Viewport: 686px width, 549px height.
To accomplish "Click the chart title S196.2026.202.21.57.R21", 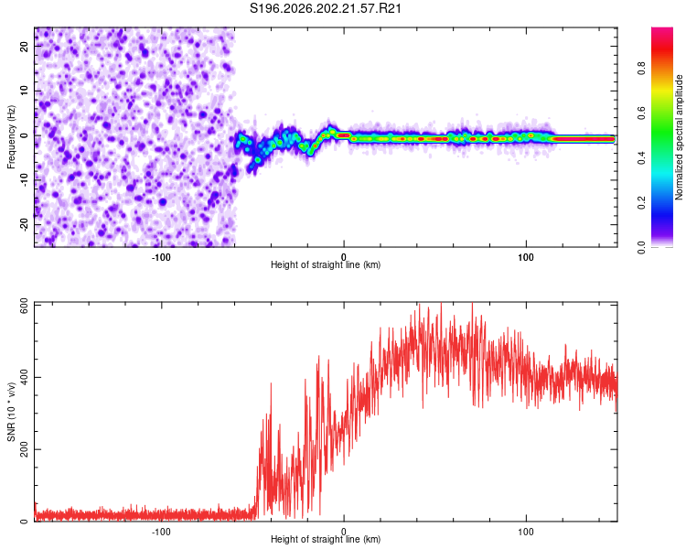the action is tap(325, 8).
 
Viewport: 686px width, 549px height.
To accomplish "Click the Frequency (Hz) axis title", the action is tap(11, 137).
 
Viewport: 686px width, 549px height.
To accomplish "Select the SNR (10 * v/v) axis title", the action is tap(11, 412).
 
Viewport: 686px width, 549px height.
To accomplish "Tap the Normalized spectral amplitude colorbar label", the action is tap(679, 137).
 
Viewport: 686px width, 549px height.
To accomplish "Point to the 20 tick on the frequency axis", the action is tap(25, 46).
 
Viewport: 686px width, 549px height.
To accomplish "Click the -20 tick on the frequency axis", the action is tap(25, 224).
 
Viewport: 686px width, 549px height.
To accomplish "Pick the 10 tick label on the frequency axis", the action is tap(25, 91).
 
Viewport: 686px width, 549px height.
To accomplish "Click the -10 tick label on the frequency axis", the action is tap(25, 180).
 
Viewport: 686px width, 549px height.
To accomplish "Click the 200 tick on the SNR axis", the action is tap(25, 449).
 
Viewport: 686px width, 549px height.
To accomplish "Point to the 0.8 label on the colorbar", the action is tap(641, 69).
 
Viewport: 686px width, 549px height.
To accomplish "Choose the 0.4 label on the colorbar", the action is tap(641, 158).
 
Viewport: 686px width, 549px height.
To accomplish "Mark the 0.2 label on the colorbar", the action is tap(641, 203).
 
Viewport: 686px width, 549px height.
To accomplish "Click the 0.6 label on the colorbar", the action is tap(641, 113).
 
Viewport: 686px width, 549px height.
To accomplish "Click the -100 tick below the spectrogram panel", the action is tap(161, 257).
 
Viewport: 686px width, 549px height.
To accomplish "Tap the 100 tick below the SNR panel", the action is tap(525, 532).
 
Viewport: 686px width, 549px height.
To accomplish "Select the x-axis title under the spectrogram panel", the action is tap(326, 264).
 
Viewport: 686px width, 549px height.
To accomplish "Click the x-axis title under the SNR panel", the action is tap(326, 539).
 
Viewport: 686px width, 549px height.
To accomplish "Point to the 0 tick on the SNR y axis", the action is tap(25, 521).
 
